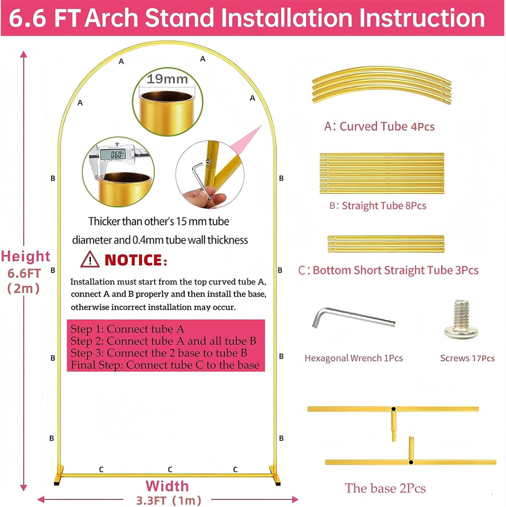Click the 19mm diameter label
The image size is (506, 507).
point(167,79)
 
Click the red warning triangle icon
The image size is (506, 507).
point(90,259)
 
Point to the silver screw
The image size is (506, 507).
point(461,319)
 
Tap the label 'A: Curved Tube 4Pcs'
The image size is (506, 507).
point(379,126)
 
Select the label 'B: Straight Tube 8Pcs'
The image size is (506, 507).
point(378,206)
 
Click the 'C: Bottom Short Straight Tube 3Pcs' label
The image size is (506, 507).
point(388,270)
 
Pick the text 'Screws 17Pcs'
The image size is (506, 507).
point(467,358)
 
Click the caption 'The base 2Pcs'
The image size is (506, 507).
point(385,488)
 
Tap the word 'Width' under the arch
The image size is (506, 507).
point(167,486)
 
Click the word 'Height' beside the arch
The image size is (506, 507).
point(26,256)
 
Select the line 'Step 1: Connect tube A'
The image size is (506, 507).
point(127,329)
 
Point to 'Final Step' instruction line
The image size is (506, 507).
point(165,365)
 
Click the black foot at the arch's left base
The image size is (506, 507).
point(57,483)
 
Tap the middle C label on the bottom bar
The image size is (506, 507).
point(170,469)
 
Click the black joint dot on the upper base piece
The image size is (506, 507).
point(394,409)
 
